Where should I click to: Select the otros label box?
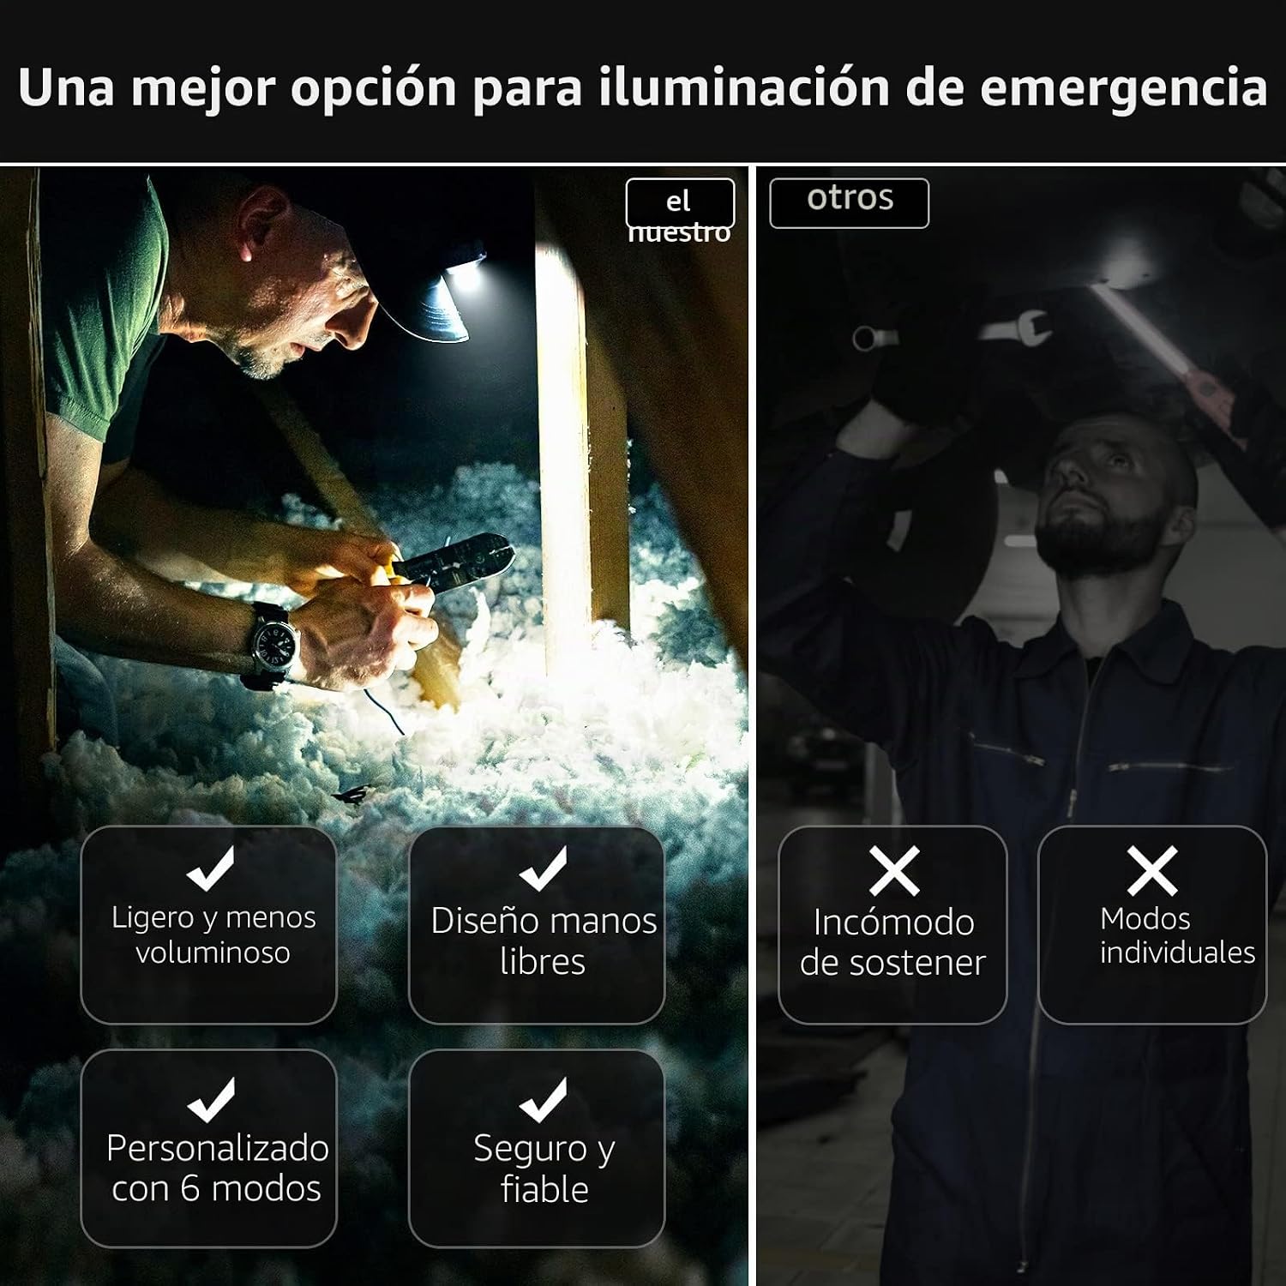coord(849,203)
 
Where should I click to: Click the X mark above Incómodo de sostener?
coord(894,870)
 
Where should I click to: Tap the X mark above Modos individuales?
coord(1152,870)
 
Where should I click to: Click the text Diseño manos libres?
coord(544,940)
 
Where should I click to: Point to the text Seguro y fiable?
coord(544,1168)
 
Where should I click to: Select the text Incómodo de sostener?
coord(893,942)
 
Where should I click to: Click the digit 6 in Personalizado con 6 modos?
coord(190,1188)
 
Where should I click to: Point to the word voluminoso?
coord(213,952)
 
